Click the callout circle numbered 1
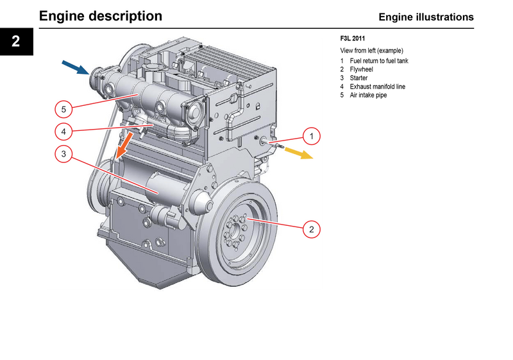tap(311, 136)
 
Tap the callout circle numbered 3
tap(63, 153)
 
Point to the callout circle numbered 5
tap(63, 108)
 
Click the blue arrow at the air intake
tap(75, 66)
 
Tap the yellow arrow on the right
tap(299, 153)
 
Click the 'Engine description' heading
tap(101, 16)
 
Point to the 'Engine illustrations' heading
tap(426, 17)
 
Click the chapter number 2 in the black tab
tap(16, 42)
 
